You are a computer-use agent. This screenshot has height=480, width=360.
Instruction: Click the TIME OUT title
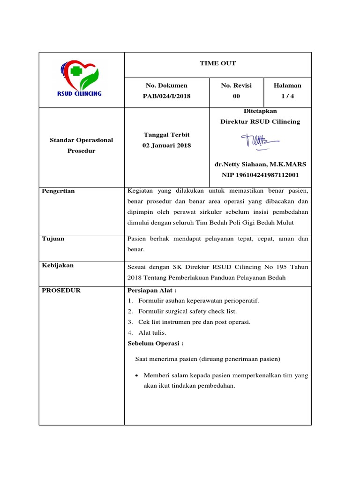[217, 63]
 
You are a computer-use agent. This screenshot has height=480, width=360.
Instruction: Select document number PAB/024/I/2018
[166, 96]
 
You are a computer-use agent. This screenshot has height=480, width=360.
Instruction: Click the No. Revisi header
[236, 85]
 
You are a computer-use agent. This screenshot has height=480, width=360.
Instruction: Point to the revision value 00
[236, 96]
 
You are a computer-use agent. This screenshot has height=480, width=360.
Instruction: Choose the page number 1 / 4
[287, 96]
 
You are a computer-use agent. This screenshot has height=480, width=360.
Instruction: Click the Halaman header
[287, 85]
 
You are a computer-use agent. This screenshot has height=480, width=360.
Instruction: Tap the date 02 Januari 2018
[166, 146]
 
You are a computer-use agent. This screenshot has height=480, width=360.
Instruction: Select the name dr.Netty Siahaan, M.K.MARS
[260, 164]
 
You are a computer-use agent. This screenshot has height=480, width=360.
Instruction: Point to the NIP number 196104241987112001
[260, 175]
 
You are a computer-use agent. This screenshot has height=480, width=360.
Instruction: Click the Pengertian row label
[59, 191]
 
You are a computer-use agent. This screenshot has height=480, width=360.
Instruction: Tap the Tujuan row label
[53, 239]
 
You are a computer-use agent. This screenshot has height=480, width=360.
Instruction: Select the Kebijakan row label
[58, 265]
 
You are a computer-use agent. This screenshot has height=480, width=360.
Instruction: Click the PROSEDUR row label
[61, 291]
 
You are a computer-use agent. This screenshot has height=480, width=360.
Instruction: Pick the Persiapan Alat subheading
[148, 291]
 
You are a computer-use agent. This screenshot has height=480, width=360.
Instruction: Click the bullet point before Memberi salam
[136, 376]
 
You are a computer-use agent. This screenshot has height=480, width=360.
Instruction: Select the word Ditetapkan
[260, 111]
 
